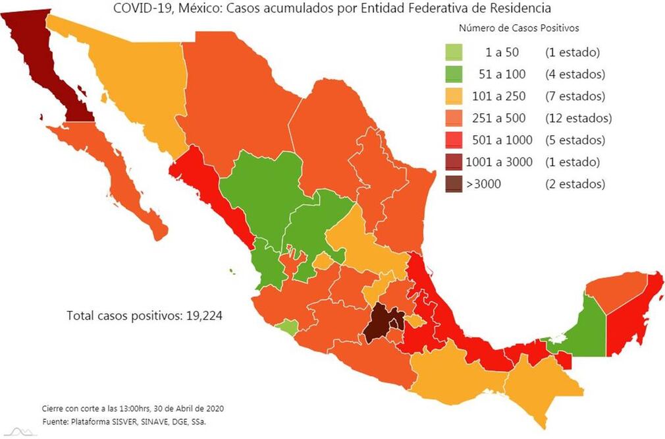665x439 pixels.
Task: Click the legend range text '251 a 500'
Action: [499, 118]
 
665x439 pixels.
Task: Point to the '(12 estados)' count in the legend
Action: [578, 118]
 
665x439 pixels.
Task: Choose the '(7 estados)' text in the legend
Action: [575, 96]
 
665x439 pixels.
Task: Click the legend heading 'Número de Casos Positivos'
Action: [518, 28]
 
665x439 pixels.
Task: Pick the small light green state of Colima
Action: [286, 326]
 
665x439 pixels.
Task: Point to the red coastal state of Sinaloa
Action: [211, 191]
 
